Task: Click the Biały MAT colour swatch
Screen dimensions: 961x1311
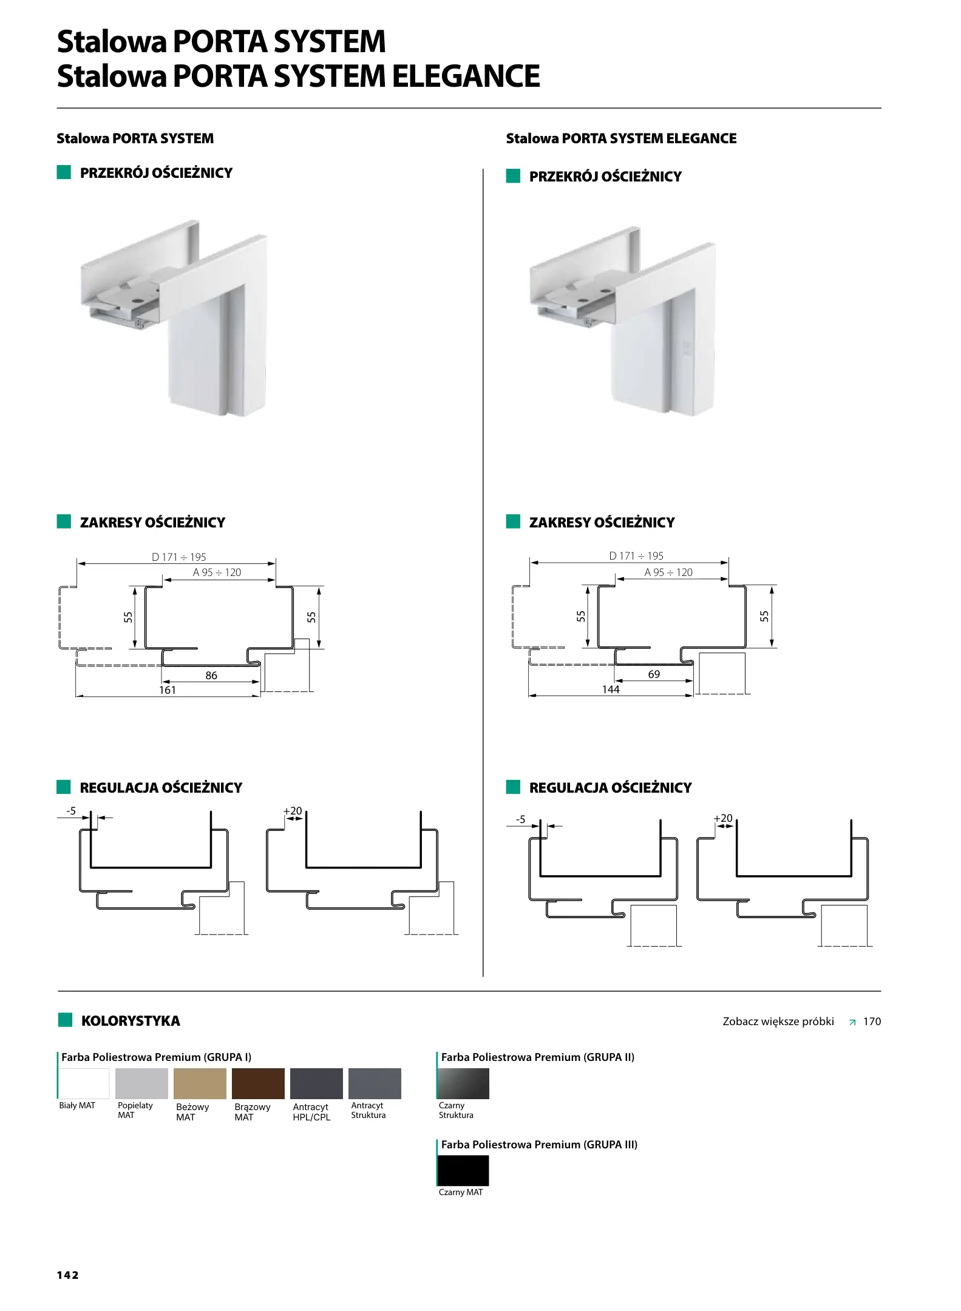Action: [84, 1083]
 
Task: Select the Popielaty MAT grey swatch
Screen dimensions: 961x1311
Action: [141, 1083]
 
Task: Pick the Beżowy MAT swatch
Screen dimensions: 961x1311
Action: [200, 1083]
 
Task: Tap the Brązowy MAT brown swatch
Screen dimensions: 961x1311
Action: [258, 1083]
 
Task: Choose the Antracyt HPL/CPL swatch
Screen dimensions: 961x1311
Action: [316, 1083]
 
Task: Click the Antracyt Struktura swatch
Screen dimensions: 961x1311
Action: [375, 1083]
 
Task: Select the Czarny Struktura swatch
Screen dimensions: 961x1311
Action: [463, 1083]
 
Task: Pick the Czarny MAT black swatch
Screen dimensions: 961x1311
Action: [463, 1171]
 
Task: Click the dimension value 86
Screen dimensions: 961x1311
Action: [211, 675]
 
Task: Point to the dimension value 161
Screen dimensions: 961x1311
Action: [168, 689]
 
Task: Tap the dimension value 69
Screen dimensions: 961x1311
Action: [654, 674]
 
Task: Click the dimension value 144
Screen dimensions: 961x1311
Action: [611, 689]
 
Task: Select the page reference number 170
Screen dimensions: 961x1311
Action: [872, 1021]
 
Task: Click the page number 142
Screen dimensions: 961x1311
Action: [68, 1275]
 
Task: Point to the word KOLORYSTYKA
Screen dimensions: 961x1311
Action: [131, 1021]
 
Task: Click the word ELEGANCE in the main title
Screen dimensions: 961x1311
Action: [466, 76]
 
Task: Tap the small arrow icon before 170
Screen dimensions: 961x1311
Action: [852, 1022]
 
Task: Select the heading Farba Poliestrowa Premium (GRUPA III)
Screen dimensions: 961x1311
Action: [539, 1145]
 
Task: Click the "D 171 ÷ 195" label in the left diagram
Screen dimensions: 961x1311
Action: [179, 557]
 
